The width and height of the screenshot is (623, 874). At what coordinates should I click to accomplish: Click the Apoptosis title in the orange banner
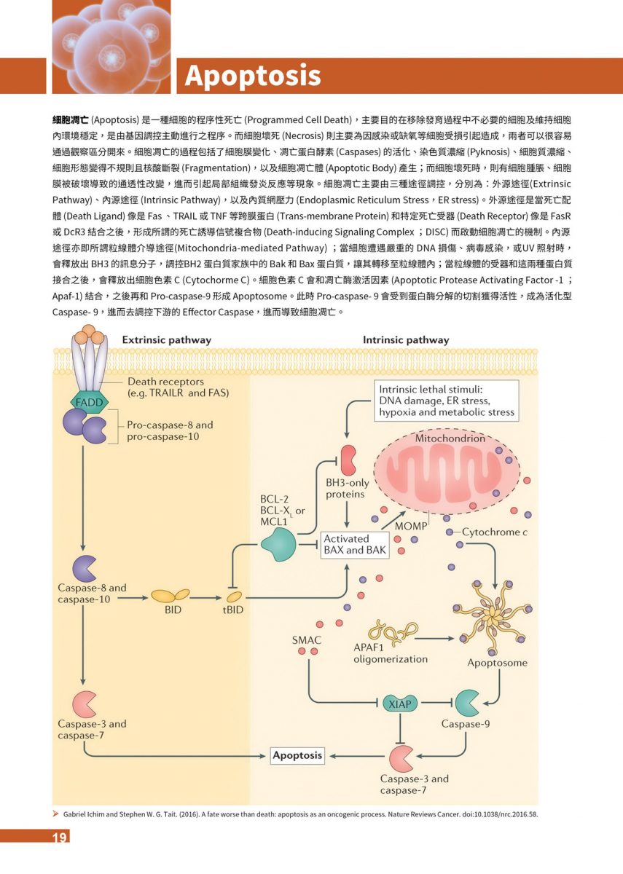252,76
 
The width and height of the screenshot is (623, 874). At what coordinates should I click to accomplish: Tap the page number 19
60,838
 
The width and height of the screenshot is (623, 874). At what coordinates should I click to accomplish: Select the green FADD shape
87,401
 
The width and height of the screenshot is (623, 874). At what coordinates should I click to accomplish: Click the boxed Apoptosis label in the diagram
297,755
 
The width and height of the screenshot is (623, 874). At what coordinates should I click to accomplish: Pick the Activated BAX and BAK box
355,545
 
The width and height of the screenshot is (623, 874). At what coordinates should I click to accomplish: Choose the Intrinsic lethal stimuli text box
446,401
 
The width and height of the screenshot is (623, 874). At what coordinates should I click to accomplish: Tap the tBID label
232,610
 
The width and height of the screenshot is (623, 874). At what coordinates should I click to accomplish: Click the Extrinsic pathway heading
166,339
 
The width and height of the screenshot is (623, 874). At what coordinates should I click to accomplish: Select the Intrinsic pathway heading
406,339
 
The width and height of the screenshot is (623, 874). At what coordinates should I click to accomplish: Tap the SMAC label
307,640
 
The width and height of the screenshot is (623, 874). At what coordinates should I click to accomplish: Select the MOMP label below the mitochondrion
410,525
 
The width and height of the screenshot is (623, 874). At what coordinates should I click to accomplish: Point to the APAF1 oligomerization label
390,653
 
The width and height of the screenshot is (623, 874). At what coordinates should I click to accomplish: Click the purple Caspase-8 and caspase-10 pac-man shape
85,567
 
